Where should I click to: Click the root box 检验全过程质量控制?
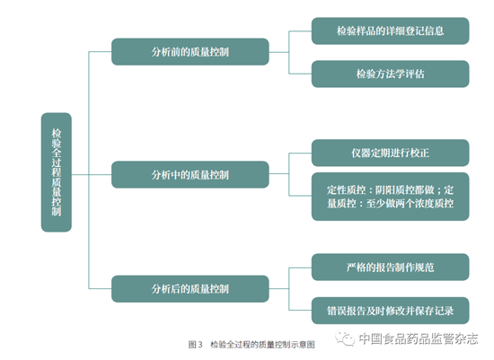(57, 172)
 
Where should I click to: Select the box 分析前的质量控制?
(190, 52)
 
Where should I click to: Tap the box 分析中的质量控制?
(190, 175)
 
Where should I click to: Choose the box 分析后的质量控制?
(190, 289)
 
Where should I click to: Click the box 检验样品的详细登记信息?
(390, 31)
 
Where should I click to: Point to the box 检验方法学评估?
(390, 74)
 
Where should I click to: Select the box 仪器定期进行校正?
(390, 153)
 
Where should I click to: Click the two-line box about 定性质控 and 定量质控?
(390, 197)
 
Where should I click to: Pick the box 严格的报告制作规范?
(390, 268)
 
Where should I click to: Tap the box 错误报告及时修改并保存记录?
(390, 311)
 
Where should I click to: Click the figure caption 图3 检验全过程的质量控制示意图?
(251, 345)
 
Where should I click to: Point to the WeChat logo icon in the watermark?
(345, 338)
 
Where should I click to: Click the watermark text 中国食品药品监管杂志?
(419, 338)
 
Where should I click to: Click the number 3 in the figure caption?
(200, 345)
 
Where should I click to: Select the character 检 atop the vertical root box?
(57, 133)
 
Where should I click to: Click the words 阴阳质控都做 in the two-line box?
(404, 190)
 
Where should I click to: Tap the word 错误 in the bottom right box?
(337, 311)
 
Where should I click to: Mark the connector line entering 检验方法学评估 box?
(300, 74)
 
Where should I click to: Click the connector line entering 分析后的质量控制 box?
(101, 288)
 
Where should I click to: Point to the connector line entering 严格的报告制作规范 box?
(300, 268)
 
